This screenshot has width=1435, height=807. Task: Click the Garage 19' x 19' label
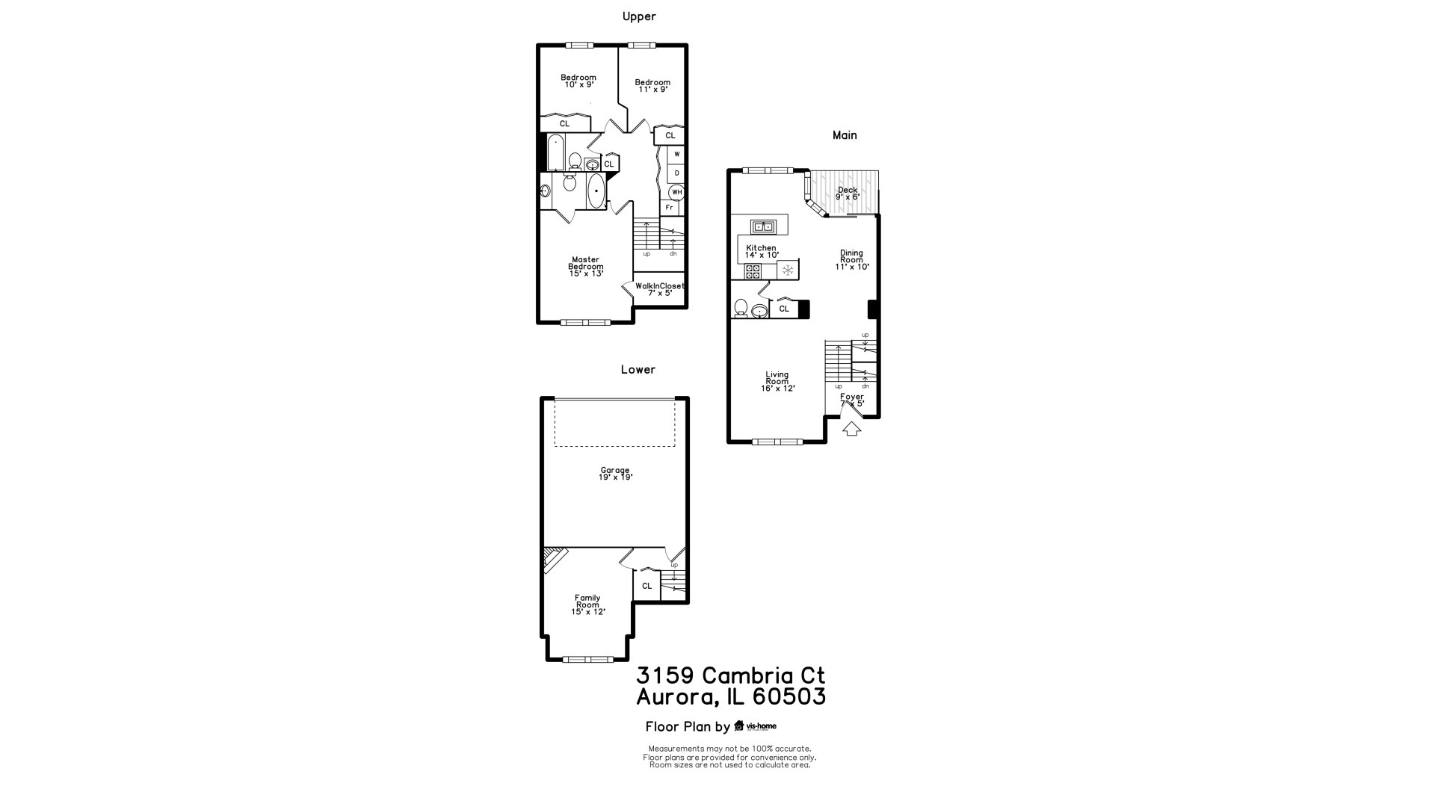(x=615, y=474)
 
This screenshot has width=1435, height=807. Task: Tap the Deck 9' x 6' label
(x=848, y=194)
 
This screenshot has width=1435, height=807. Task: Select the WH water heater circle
(x=676, y=192)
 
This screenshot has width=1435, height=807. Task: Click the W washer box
(x=676, y=155)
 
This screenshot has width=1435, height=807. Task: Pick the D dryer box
(x=676, y=173)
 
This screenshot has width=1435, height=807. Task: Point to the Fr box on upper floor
(x=669, y=208)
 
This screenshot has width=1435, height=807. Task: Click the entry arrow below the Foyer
(x=851, y=429)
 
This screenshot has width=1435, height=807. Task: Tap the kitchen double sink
(x=763, y=226)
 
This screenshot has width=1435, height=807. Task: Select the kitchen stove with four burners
(x=753, y=270)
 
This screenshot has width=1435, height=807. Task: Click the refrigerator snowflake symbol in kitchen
(x=787, y=270)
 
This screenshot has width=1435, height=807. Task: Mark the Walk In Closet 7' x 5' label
(x=659, y=289)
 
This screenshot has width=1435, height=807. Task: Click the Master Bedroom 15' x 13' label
(x=585, y=267)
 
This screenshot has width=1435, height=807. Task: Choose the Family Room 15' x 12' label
(x=587, y=605)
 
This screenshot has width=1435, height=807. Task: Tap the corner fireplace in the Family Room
(x=554, y=560)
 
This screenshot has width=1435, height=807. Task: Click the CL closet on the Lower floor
(x=646, y=586)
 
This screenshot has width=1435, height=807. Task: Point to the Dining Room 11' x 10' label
(x=851, y=260)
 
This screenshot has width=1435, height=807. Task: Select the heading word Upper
(x=639, y=16)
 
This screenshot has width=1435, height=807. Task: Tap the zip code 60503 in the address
(x=789, y=697)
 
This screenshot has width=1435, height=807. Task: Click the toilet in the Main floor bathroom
(x=741, y=308)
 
